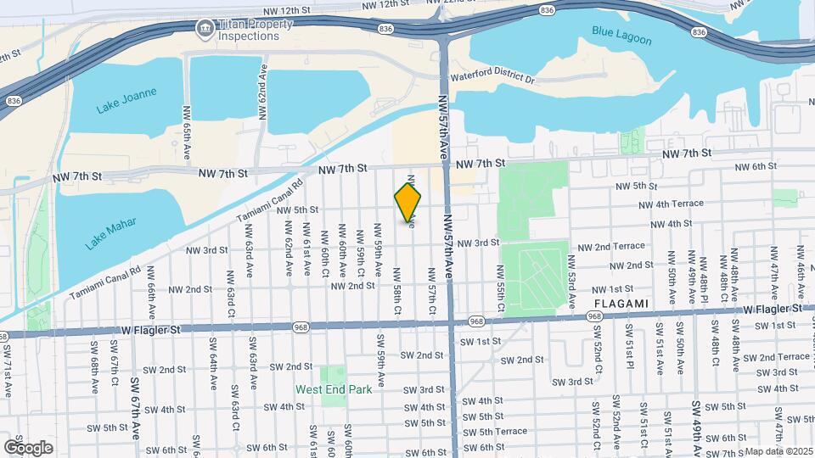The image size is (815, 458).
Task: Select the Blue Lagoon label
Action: coord(622,31)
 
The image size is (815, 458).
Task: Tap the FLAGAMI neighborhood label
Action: coord(621,303)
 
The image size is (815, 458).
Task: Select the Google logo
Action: coord(28,447)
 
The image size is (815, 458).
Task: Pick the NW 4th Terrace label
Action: coord(672,204)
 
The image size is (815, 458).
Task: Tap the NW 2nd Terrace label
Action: coord(611,246)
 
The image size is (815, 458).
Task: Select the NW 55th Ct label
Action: coord(502,285)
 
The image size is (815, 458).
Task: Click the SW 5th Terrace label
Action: coord(496,432)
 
